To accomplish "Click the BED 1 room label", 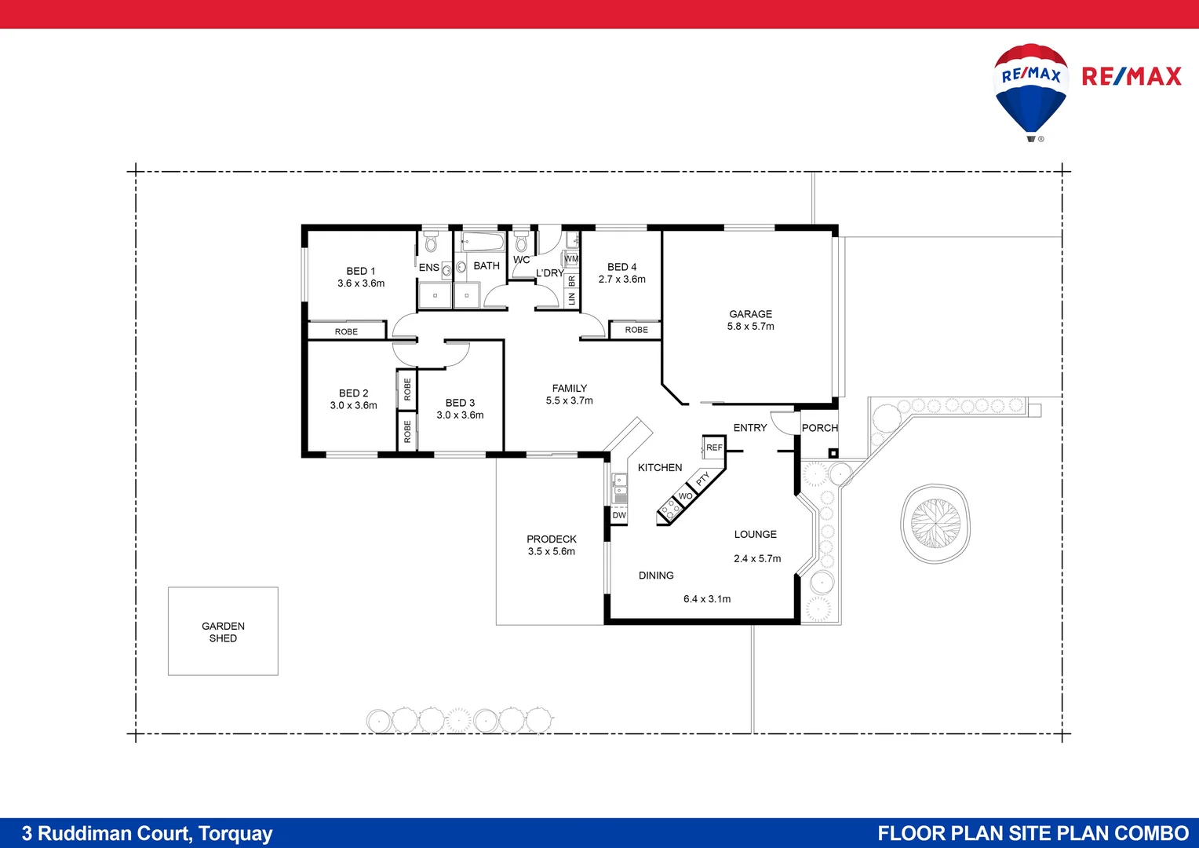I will point(361,271).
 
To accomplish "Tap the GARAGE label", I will point(750,314).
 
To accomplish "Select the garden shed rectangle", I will point(223,631).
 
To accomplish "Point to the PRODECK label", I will point(551,539).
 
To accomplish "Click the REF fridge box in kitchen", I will point(714,448).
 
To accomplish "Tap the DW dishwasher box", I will point(619,516).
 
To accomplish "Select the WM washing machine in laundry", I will point(571,258).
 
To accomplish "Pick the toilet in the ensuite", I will point(431,241).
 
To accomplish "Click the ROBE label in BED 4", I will point(636,330).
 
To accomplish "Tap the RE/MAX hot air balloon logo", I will point(1031,90).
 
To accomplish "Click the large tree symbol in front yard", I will point(935,523).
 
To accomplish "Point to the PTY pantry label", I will point(703,478).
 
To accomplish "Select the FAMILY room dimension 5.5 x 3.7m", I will point(569,400).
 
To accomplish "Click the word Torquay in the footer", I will point(235,833).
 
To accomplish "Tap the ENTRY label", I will point(749,428).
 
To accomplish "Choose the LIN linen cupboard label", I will point(571,298).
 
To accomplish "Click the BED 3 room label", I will point(460,403).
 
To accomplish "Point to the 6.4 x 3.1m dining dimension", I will point(706,599).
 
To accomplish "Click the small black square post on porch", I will point(833,453).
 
